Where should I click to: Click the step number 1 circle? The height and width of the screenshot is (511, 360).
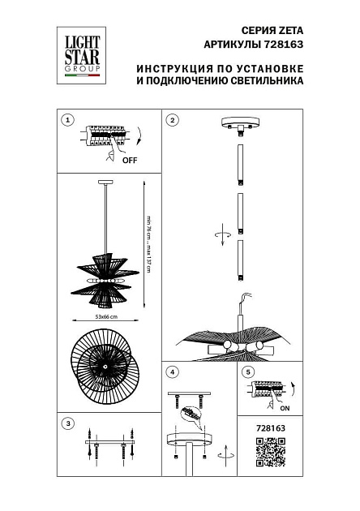(x=68, y=120)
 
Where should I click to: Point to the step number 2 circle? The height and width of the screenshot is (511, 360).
(x=172, y=120)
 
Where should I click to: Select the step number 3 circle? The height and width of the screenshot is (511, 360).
(x=68, y=423)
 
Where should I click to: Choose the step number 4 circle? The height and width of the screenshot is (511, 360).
(x=172, y=372)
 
